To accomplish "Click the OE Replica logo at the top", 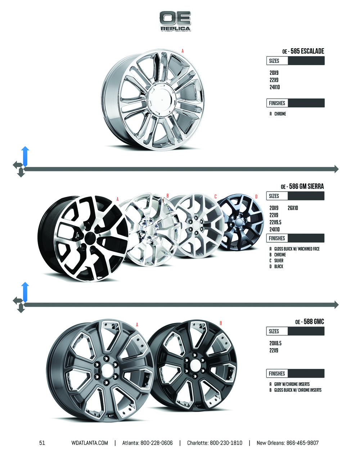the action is pyautogui.click(x=175, y=21).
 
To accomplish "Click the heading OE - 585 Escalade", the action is pyautogui.click(x=303, y=51).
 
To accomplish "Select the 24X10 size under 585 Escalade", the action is pyautogui.click(x=275, y=87).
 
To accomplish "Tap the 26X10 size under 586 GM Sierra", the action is pyautogui.click(x=293, y=208).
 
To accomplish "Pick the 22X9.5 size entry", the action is pyautogui.click(x=275, y=222).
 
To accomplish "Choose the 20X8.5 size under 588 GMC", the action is pyautogui.click(x=275, y=343).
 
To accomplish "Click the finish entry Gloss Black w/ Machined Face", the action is pyautogui.click(x=297, y=249).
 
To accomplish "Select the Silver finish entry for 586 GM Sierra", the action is pyautogui.click(x=279, y=261).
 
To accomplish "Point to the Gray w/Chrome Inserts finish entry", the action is pyautogui.click(x=292, y=384).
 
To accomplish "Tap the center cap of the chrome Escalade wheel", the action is pyautogui.click(x=161, y=99).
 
